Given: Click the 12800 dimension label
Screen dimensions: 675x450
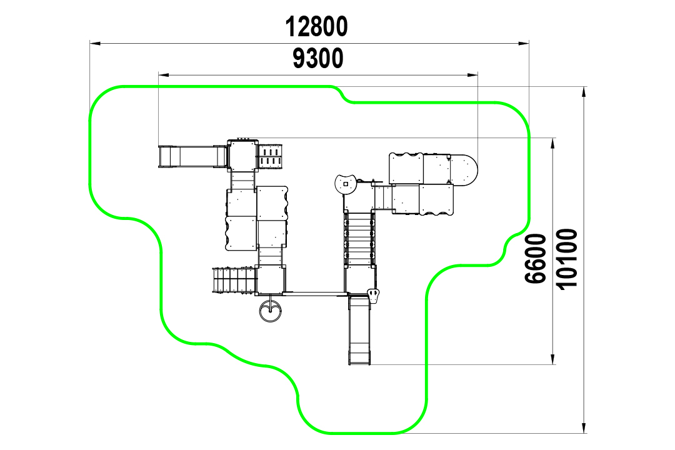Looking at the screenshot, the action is point(316,26).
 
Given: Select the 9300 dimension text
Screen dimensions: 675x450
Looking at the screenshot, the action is point(318,59).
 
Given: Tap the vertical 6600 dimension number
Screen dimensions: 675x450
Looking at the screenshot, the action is point(536,258).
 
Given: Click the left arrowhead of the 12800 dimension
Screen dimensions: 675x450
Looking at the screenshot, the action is point(95,43).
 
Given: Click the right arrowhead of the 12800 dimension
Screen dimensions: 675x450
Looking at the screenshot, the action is point(524,43).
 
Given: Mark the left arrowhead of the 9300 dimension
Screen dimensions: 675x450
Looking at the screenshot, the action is point(164,75).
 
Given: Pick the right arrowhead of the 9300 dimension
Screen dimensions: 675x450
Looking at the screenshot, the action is point(472,75).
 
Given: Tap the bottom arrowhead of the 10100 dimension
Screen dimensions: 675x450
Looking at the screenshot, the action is point(584,427).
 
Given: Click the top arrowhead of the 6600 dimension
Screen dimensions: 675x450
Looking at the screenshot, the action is point(552,144).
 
